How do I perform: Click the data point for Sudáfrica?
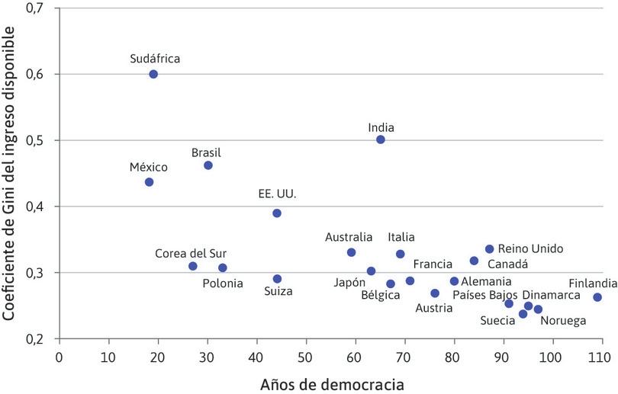pos(153,74)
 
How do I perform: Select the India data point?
pos(381,139)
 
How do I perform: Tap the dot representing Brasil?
pos(208,165)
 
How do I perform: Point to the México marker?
pos(149,182)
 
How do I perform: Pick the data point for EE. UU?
pos(277,213)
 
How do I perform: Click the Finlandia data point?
pos(597,297)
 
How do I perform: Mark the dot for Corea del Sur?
pos(193,266)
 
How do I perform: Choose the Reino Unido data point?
pos(489,248)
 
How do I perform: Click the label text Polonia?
pos(223,283)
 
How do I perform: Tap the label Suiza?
pos(277,290)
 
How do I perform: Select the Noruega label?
pos(563,321)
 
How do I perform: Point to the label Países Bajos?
pos(485,295)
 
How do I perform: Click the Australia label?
pos(349,237)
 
